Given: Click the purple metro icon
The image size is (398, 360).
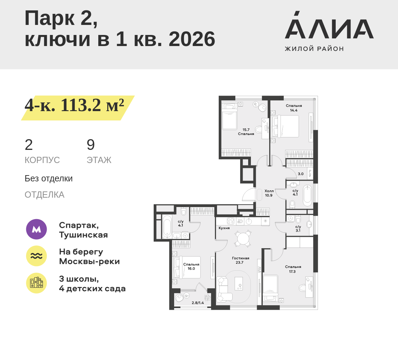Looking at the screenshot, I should (x=36, y=229).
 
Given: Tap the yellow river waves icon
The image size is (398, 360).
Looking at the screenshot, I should (x=36, y=256).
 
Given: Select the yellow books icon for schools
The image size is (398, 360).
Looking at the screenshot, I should (x=36, y=283).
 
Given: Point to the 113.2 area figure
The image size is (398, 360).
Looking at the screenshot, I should (x=81, y=105).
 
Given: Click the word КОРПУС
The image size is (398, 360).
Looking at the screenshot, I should (x=42, y=160).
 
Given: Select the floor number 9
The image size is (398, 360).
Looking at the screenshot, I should (x=91, y=145).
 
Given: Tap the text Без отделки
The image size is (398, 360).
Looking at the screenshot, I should (x=48, y=179).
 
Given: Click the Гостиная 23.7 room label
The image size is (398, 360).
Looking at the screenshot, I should (x=241, y=260).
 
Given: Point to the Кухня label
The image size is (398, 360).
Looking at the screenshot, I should (x=224, y=228).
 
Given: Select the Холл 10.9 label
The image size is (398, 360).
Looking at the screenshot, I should (x=269, y=193).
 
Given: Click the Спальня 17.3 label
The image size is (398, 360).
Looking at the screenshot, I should (x=293, y=269).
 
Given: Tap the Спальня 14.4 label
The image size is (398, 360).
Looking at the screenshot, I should (x=294, y=108).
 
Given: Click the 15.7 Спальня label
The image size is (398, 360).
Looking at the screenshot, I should (x=246, y=132).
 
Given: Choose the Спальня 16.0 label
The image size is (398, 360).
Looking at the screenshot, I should (x=191, y=266).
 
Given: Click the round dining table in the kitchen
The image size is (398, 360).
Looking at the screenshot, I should (x=243, y=238).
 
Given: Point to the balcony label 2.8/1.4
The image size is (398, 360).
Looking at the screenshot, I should (x=198, y=303).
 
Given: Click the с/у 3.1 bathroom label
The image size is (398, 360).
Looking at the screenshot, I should (x=298, y=228).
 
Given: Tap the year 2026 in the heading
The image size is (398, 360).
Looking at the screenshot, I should (x=192, y=39).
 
